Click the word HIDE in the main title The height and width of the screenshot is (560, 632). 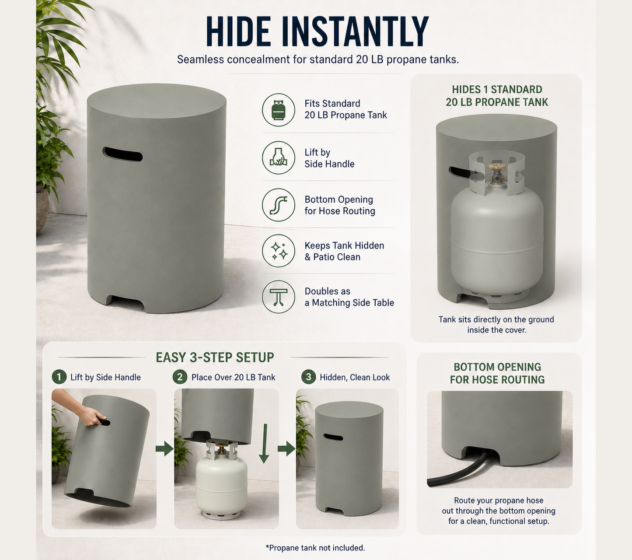(x=238, y=32)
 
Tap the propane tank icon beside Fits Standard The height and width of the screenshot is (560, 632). (x=278, y=110)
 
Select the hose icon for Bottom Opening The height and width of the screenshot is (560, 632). (x=278, y=205)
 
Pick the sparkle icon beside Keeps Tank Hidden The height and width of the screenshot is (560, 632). (x=278, y=251)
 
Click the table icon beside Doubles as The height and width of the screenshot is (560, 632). (x=278, y=297)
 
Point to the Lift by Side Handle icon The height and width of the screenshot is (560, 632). (x=278, y=157)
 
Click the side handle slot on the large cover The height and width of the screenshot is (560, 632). (x=122, y=154)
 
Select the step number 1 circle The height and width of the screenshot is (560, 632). (x=59, y=377)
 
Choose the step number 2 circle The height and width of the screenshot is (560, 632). (x=180, y=377)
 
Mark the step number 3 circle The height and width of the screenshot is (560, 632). (x=308, y=377)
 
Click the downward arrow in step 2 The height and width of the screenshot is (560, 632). (x=264, y=443)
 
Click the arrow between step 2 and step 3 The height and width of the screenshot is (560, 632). (x=286, y=448)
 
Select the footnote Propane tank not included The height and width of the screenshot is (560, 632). (x=315, y=547)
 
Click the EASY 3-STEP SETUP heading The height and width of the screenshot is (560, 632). (x=215, y=357)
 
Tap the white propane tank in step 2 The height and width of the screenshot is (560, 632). (x=221, y=479)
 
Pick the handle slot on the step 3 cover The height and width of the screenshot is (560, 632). (x=333, y=437)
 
